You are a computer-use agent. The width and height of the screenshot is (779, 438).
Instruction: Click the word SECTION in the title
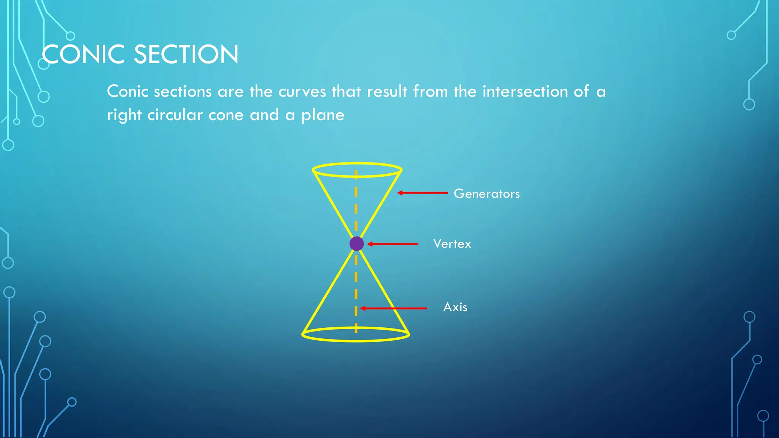click(x=186, y=54)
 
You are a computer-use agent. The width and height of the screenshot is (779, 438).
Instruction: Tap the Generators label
click(x=486, y=194)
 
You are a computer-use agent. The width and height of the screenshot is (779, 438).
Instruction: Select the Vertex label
click(x=452, y=244)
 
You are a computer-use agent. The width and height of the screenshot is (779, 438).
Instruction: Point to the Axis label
click(x=455, y=307)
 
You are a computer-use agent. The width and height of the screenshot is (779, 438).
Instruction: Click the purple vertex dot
click(x=356, y=244)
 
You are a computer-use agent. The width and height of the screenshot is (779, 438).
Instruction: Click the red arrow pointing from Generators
click(x=422, y=193)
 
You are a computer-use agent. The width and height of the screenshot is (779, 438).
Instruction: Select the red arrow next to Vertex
click(x=393, y=244)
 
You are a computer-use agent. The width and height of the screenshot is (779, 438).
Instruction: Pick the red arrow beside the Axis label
click(x=393, y=308)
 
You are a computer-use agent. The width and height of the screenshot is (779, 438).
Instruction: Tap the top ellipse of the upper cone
click(x=357, y=164)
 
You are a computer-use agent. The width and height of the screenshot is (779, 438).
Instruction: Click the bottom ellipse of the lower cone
click(x=356, y=340)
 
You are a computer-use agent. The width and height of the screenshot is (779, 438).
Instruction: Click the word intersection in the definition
click(x=525, y=92)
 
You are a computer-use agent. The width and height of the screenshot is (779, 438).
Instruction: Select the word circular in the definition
click(x=175, y=115)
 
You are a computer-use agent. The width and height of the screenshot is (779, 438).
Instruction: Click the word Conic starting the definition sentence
click(x=127, y=92)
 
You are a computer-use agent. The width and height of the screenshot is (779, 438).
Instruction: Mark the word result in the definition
click(x=387, y=92)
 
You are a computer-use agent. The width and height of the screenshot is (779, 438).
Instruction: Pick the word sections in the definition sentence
click(x=183, y=92)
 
